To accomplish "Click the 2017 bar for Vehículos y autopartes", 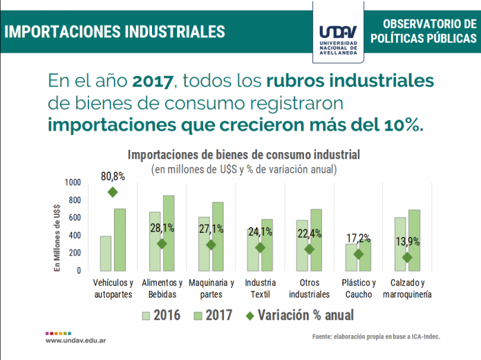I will click(120, 239).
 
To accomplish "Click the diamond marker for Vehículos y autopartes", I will click(113, 192).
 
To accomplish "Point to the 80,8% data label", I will click(113, 176).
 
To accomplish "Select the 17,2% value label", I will click(358, 238).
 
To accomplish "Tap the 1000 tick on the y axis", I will click(72, 182).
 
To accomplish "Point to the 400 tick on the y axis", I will click(75, 236).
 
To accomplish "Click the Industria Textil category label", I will click(260, 288).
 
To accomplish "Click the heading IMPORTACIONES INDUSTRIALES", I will click(115, 32).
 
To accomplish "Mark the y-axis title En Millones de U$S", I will click(59, 228).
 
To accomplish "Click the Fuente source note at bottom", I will click(375, 337).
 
